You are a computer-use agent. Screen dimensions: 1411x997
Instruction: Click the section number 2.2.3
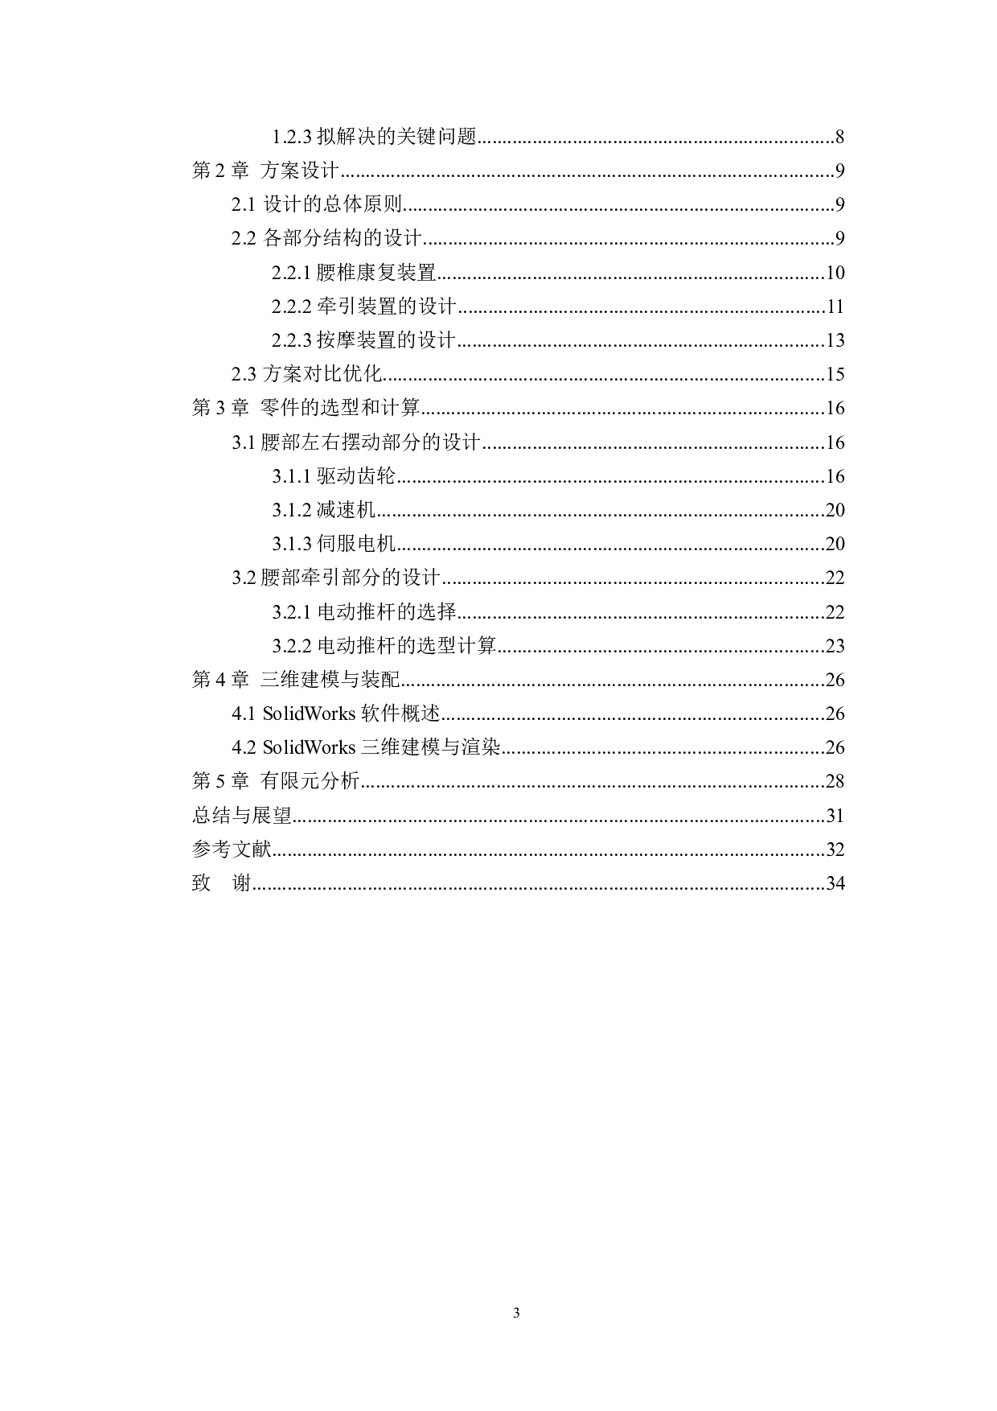[x=292, y=340]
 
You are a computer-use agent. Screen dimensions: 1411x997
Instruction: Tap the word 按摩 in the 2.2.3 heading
[x=336, y=340]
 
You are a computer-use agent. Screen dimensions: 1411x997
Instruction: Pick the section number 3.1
[x=244, y=442]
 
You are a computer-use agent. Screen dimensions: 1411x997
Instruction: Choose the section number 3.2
[x=244, y=578]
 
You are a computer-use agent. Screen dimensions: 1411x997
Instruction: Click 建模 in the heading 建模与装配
[x=320, y=679]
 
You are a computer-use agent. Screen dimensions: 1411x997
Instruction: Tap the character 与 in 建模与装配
[x=350, y=679]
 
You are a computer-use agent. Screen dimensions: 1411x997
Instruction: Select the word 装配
[x=380, y=679]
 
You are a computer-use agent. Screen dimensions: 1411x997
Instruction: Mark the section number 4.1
[x=244, y=714]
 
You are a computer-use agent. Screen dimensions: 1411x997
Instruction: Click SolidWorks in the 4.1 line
[x=309, y=714]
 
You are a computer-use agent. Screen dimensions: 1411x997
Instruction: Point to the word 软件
[x=380, y=714]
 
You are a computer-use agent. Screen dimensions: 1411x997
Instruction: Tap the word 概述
[x=421, y=714]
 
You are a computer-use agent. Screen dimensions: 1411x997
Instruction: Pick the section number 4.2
[x=244, y=747]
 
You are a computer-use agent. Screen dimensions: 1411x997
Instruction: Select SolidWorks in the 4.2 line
[x=309, y=747]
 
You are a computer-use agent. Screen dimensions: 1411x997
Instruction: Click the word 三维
[x=380, y=747]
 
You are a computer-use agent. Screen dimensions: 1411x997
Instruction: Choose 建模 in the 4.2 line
[x=421, y=747]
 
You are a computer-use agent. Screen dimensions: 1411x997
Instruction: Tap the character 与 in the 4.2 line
[x=450, y=747]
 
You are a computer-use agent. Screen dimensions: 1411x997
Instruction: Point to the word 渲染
[x=481, y=747]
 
